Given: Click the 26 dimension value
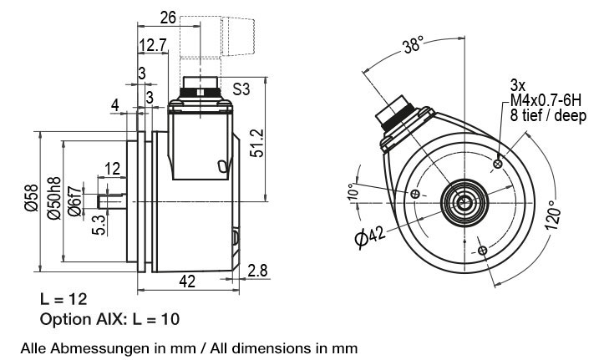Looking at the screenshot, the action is [168, 18].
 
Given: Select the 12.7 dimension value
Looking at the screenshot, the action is [153, 45].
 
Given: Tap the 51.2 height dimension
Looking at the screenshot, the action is [257, 143].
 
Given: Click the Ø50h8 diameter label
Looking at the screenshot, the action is [54, 198].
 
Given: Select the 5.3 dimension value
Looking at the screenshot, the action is [99, 225].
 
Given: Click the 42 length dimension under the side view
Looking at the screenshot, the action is [187, 281].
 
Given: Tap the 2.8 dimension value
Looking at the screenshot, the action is [257, 271].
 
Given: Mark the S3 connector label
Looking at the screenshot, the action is [241, 89].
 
